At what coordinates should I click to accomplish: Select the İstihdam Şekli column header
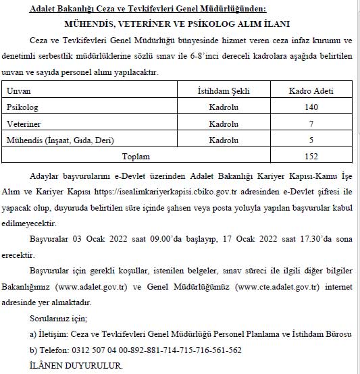pos(220,90)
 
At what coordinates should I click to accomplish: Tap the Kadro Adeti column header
pos(311,90)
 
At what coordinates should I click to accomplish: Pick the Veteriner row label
pos(23,124)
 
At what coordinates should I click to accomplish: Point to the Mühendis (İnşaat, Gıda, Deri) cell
pos(60,140)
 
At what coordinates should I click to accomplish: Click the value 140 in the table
pos(311,107)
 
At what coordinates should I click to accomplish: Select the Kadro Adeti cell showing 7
pos(311,124)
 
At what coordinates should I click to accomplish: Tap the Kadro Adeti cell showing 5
pos(311,140)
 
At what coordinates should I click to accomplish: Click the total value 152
pos(311,157)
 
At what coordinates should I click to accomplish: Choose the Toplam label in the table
pos(136,157)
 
